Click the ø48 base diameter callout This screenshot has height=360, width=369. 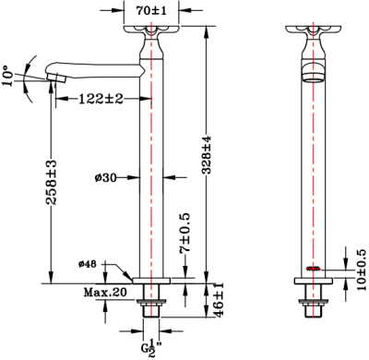pos(89,265)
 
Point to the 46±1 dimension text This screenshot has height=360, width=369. pos(219,302)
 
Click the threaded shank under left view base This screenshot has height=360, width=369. pos(151,304)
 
